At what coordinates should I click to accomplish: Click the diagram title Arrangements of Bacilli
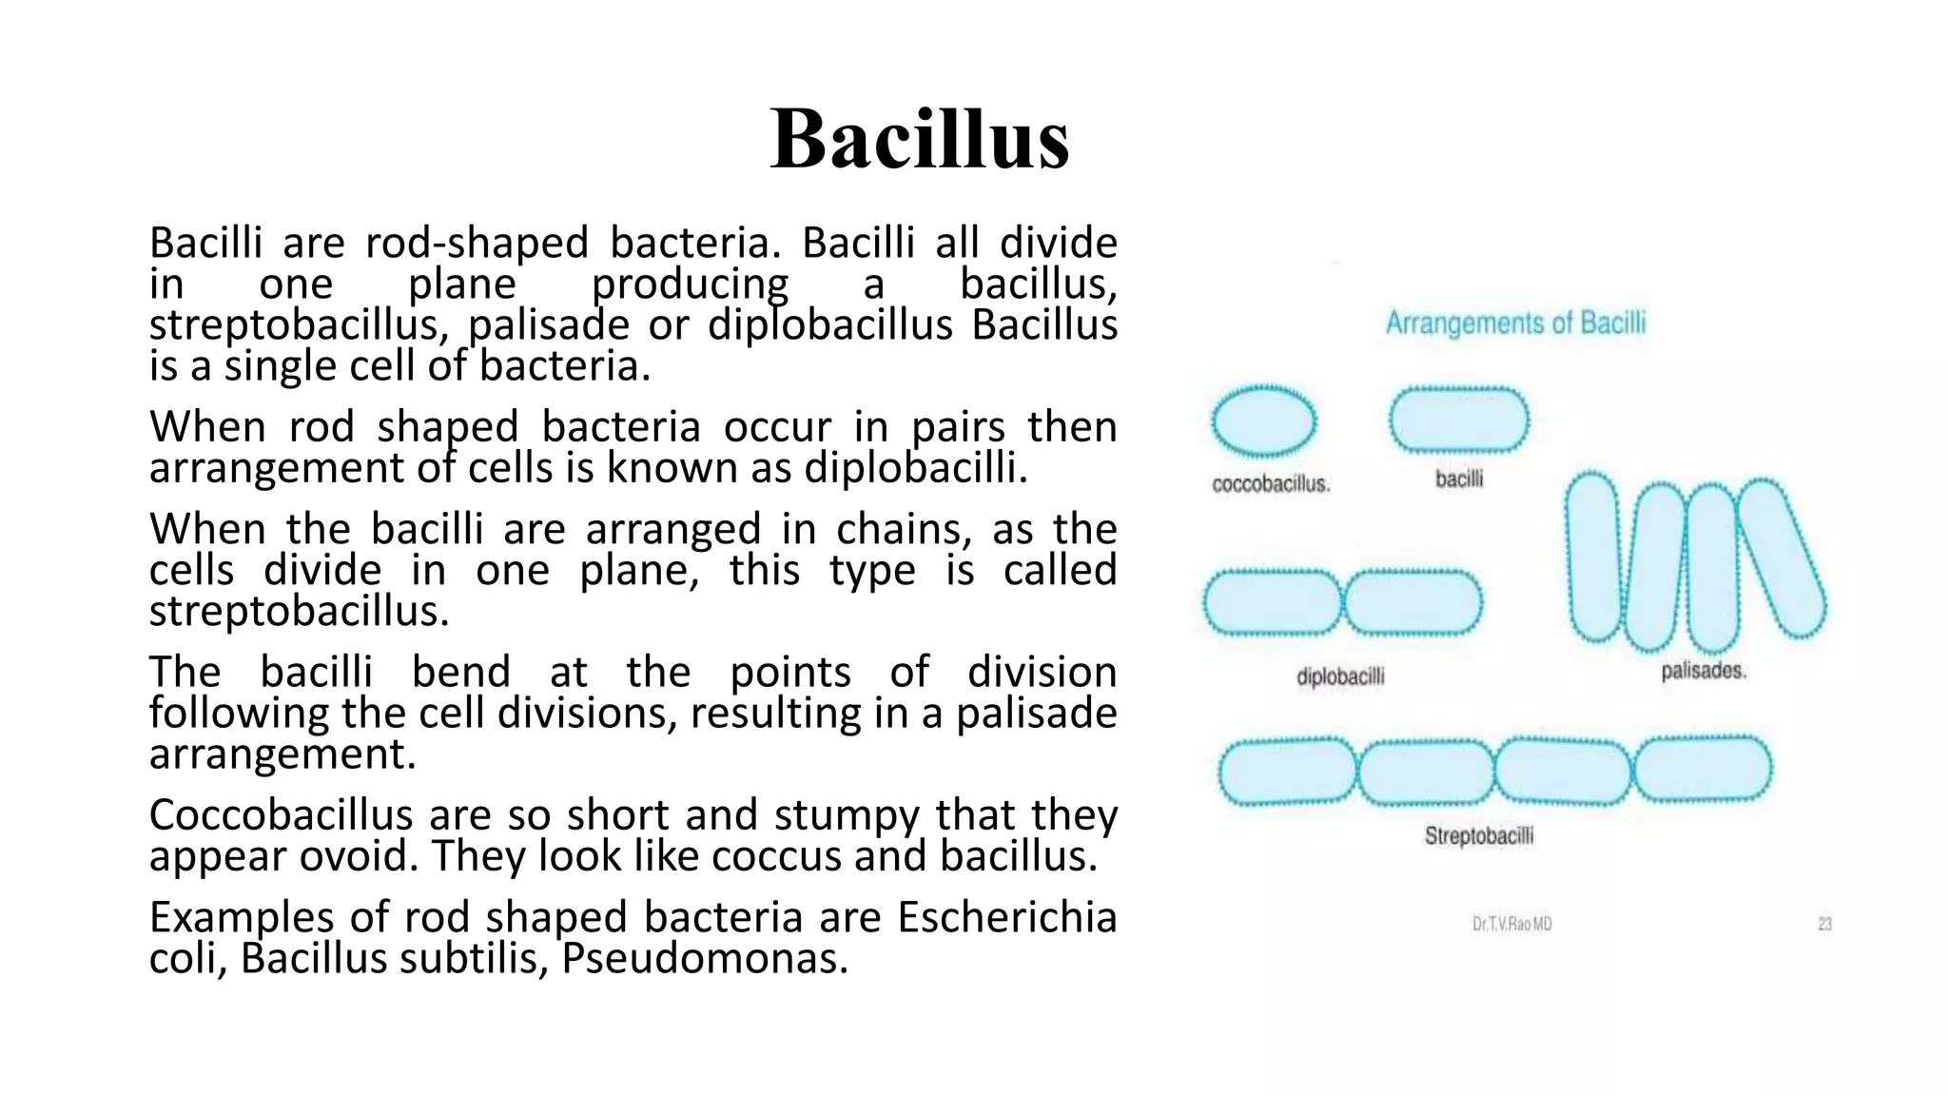1514,323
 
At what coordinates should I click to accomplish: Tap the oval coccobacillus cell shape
1263,421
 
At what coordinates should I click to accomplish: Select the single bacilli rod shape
1458,421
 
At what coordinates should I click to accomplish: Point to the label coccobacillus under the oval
1271,484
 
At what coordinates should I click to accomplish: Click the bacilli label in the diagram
1458,479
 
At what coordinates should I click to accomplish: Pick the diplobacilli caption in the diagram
1340,676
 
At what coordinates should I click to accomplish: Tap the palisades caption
1703,671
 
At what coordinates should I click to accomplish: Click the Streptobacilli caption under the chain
1478,836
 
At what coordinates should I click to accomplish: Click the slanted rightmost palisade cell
1781,559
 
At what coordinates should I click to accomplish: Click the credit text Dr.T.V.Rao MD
1511,924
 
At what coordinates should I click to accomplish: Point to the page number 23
1824,924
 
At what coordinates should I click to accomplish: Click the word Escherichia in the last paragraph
1006,918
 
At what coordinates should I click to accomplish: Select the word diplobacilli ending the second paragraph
915,468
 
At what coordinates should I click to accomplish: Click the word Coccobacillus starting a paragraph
282,816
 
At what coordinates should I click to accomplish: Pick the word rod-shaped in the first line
477,244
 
